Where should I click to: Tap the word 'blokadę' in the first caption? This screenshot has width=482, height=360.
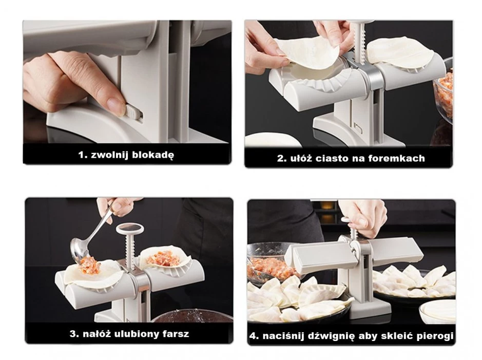coord(152,155)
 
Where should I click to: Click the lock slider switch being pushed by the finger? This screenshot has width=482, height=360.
coord(131,111)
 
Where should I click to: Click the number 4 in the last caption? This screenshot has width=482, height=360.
coord(254,335)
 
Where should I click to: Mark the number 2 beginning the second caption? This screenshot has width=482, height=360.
coord(281,158)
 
